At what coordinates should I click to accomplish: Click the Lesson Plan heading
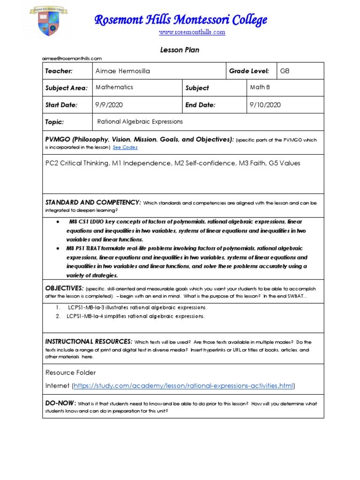180,50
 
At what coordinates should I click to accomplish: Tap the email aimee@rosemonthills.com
72,58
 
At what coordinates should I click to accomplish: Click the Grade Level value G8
285,71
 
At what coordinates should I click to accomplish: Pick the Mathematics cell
114,87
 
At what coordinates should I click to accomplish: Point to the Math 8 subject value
260,87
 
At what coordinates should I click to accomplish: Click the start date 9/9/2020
109,105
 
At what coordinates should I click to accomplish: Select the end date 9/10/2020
265,105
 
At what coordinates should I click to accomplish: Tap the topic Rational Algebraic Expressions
140,122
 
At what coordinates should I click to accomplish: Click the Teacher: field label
59,71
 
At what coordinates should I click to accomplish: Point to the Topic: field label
54,122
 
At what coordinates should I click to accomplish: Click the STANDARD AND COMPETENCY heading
93,202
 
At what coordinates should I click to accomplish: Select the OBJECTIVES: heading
64,287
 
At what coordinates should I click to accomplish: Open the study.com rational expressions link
183,386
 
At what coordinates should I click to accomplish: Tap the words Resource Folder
70,373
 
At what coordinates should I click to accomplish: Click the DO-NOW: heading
60,403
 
